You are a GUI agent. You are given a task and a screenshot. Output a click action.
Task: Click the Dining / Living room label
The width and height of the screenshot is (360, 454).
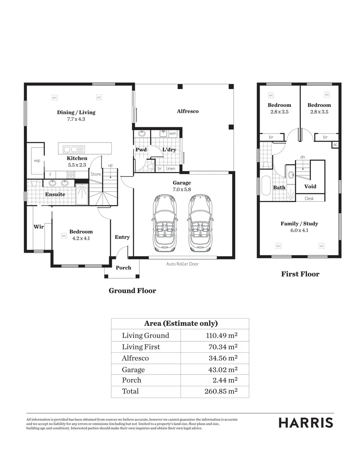pos(76,112)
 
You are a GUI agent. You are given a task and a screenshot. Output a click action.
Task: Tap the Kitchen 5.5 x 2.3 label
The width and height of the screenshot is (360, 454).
pos(77,158)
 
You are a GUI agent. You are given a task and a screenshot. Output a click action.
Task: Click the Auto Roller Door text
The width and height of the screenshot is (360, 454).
pos(182,264)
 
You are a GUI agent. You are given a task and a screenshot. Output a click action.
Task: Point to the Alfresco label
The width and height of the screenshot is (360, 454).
pos(187,111)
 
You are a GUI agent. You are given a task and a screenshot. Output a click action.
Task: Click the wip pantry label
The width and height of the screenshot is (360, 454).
pos(37,161)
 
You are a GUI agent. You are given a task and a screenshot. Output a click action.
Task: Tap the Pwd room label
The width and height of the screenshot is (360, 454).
pos(141,150)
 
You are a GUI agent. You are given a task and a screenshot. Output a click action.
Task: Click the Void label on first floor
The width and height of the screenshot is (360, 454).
pos(310,186)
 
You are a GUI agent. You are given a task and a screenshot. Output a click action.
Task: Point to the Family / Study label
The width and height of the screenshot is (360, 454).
pos(299,224)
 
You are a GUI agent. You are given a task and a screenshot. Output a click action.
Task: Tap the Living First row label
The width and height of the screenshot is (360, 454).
pos(141,347)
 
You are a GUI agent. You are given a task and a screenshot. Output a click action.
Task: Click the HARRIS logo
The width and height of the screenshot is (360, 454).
pos(306,423)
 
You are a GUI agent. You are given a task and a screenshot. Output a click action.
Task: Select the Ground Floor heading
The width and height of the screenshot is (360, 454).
pos(132,290)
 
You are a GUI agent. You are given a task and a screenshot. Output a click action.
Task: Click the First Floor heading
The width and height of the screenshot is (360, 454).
pos(300,274)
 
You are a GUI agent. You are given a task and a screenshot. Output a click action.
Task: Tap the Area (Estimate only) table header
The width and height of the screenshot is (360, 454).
pos(180,324)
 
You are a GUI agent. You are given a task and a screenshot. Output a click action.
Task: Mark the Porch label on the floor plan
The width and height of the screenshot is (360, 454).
pos(123,268)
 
